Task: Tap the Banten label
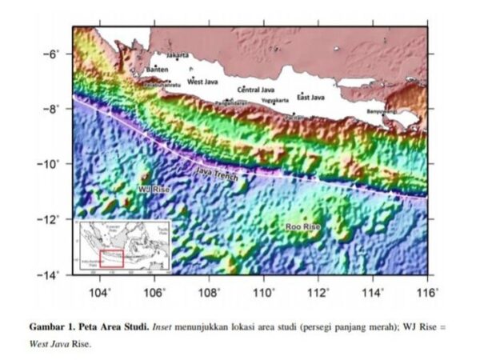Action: coord(157,69)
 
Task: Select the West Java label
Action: coord(202,82)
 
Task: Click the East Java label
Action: coord(310,97)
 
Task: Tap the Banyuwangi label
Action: coord(382,111)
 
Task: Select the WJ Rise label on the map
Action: coord(154,189)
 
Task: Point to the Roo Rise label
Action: coord(302,227)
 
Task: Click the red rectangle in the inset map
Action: coord(111,257)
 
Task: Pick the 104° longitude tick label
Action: coord(100,292)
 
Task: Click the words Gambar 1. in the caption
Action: coord(54,328)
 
